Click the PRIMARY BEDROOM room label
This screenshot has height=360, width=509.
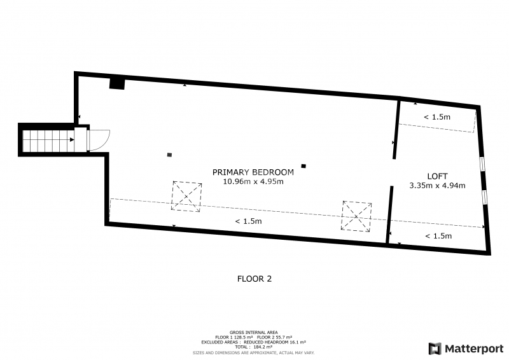tap(253, 172)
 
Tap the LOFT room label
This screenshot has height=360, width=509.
tap(437, 176)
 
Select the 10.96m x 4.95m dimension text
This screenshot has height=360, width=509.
tap(253, 181)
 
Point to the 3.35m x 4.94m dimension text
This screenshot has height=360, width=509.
tap(437, 186)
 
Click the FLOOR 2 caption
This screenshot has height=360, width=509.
tap(254, 279)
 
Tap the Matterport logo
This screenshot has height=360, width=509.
tap(466, 349)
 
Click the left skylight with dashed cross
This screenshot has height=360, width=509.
tap(186, 197)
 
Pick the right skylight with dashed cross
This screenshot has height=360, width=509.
tap(356, 216)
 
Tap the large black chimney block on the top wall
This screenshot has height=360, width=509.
tap(117, 83)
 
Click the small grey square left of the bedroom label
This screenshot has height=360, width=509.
tap(169, 155)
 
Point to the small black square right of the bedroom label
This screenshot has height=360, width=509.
tap(303, 166)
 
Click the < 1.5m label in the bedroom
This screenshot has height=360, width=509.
tap(248, 221)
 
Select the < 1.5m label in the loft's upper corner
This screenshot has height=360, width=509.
tap(437, 117)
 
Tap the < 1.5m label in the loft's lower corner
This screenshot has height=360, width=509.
tap(438, 236)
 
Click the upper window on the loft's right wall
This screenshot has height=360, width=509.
tap(482, 163)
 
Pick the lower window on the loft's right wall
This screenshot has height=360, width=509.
tap(485, 197)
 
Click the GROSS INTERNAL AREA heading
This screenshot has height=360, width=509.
tap(253, 333)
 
